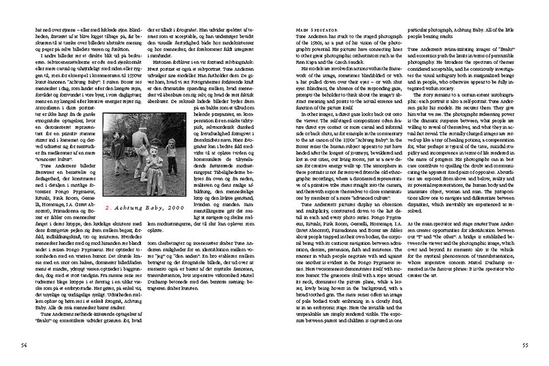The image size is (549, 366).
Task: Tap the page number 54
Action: pyautogui.click(x=24, y=345)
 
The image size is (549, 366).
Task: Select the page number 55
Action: pyautogui.click(x=525, y=345)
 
